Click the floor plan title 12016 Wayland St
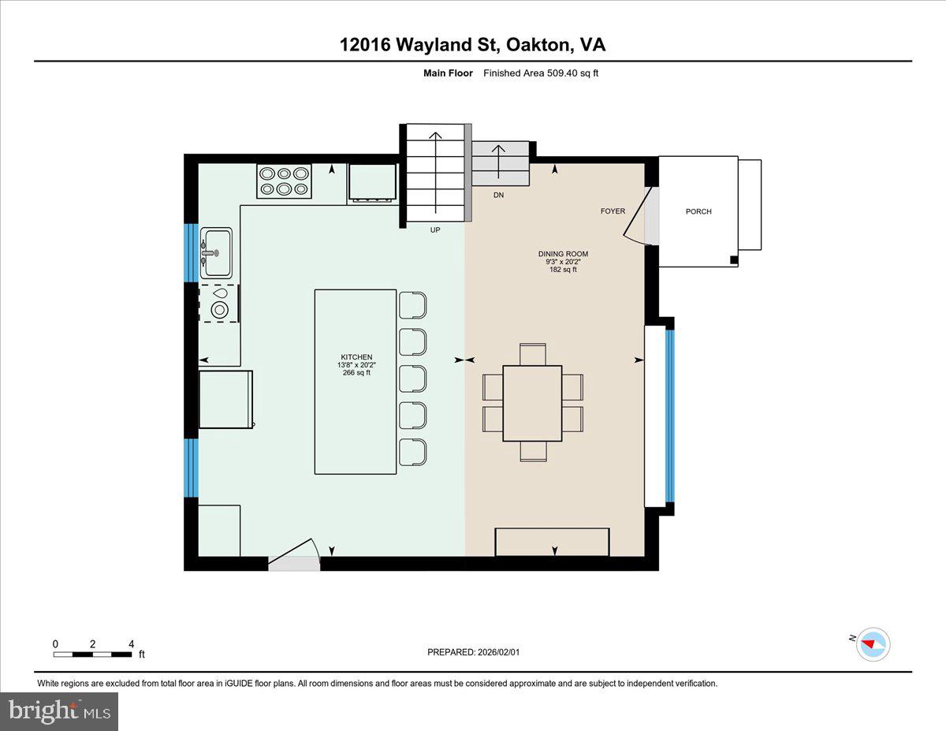click(x=472, y=44)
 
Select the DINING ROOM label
click(x=563, y=254)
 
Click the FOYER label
click(x=612, y=211)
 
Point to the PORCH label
click(x=698, y=211)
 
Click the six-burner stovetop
click(x=284, y=181)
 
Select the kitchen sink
click(x=217, y=252)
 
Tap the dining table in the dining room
click(x=532, y=403)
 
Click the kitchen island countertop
click(x=356, y=382)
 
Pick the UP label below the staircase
click(x=434, y=230)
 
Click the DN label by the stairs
click(x=498, y=194)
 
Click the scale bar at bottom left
click(x=93, y=654)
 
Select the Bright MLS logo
click(x=60, y=711)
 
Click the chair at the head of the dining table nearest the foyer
click(x=533, y=354)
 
